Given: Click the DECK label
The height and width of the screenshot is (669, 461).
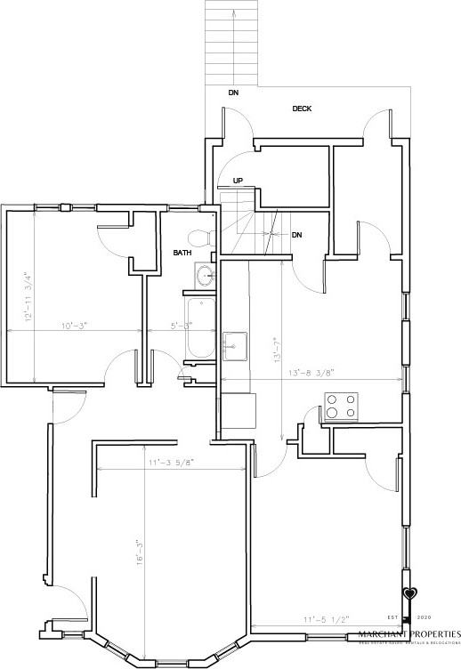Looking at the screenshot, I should tap(302, 109).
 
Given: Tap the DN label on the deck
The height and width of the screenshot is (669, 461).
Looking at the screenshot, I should tap(232, 93).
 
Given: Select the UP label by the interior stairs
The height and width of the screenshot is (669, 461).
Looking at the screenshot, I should tap(238, 181).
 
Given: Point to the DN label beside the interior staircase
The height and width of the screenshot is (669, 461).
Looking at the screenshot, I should tap(297, 236).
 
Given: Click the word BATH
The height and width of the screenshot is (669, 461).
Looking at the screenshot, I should tap(182, 254).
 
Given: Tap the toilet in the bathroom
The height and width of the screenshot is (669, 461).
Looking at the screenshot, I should tap(201, 238).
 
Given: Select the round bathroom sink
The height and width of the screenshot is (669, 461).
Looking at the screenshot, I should tap(206, 275).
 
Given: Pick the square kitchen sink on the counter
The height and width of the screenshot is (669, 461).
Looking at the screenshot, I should tap(235, 345).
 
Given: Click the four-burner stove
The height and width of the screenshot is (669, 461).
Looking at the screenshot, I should tap(341, 407).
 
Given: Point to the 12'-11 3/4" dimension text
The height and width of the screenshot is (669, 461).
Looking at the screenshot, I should tap(28, 296).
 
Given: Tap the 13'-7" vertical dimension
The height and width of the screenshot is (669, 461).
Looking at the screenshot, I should tap(279, 351).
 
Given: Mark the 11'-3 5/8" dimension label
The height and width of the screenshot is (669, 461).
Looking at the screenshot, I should tap(171, 463).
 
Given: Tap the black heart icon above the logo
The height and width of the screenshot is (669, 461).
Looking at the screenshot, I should tap(408, 593).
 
